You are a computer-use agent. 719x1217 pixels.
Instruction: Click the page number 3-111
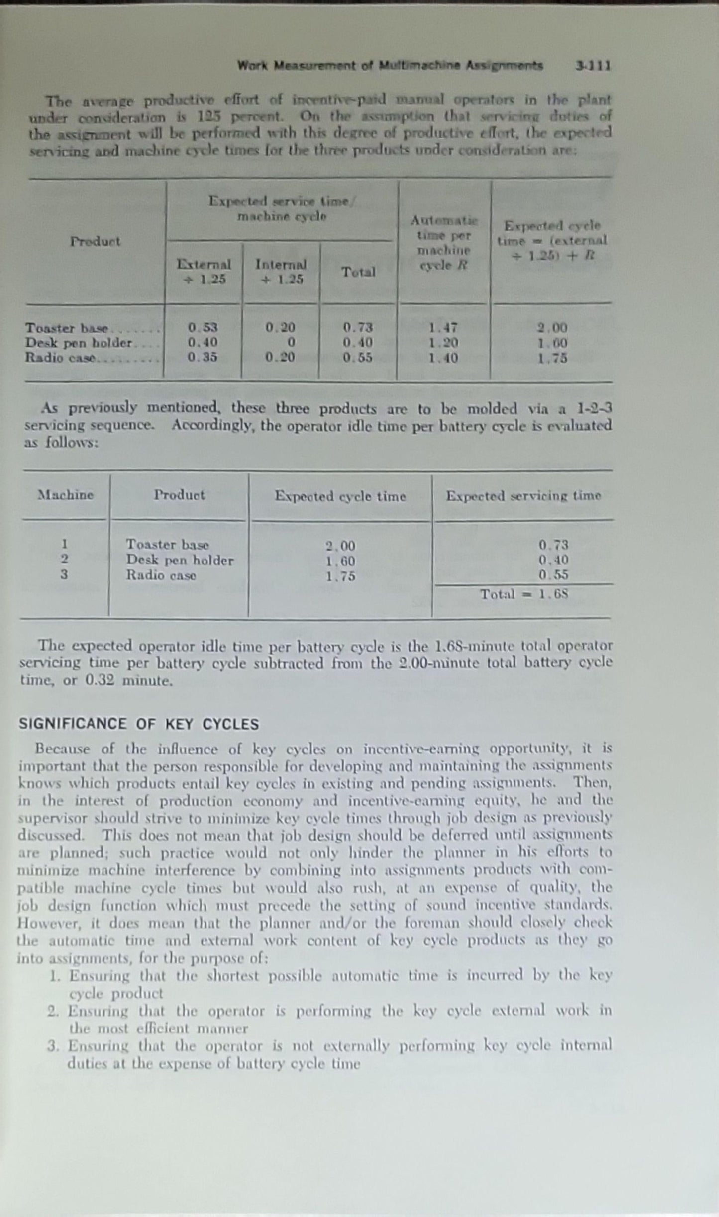click(593, 66)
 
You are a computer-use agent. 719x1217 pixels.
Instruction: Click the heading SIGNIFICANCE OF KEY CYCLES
click(139, 724)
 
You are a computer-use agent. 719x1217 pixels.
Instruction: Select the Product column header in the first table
click(95, 242)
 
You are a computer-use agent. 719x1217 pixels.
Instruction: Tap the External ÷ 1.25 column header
click(204, 272)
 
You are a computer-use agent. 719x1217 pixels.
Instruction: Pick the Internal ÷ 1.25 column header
click(281, 272)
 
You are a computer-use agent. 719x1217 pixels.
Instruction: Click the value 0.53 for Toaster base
click(203, 328)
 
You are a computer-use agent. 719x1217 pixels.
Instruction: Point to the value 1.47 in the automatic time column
click(443, 328)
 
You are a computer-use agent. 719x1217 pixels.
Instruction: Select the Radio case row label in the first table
click(60, 358)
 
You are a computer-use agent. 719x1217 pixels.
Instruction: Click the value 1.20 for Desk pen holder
click(443, 343)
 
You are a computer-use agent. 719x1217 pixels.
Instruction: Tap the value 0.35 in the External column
click(203, 358)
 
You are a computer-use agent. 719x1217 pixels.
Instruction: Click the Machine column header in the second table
click(66, 495)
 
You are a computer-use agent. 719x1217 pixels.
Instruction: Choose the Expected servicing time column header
click(523, 496)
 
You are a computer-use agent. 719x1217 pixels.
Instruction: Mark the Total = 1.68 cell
click(523, 594)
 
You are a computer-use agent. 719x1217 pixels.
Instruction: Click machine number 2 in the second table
click(64, 560)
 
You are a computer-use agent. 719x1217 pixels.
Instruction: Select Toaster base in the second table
click(167, 545)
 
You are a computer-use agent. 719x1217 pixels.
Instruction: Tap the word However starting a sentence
click(42, 923)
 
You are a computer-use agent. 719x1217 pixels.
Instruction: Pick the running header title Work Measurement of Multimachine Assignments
click(390, 66)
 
